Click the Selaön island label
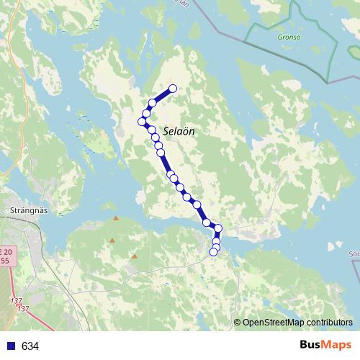[179, 132]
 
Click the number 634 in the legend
[30, 346]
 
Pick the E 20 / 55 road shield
[6, 256]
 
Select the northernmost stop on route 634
[172, 89]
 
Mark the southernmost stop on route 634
[213, 252]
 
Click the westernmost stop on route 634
[143, 121]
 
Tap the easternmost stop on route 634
[219, 229]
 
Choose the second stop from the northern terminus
[153, 103]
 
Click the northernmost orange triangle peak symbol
[115, 217]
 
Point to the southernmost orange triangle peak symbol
[134, 256]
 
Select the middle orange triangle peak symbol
[112, 240]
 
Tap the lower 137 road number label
[23, 309]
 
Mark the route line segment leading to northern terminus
[163, 96]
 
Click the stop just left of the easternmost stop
[207, 222]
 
